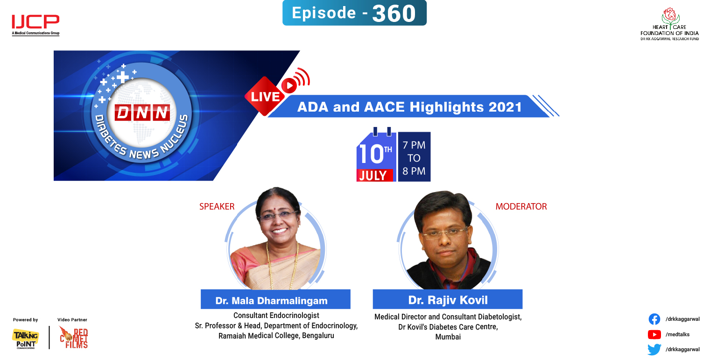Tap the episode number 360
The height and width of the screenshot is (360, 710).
(394, 14)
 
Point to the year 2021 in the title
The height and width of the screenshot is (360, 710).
(505, 107)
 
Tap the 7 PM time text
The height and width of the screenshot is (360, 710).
(414, 145)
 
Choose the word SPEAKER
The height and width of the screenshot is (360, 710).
(217, 206)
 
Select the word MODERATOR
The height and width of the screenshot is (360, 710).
(521, 206)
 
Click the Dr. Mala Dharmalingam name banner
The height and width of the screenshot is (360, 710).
(275, 300)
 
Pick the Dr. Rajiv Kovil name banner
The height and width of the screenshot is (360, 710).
(447, 299)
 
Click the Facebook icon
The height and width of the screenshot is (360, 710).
(654, 319)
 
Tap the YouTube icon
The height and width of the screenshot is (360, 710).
(654, 334)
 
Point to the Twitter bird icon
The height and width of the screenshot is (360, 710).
(654, 349)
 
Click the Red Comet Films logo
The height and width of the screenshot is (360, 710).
(73, 338)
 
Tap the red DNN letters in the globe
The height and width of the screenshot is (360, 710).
(142, 113)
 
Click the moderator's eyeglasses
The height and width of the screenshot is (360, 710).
(444, 232)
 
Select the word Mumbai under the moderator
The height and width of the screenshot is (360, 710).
(448, 337)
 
